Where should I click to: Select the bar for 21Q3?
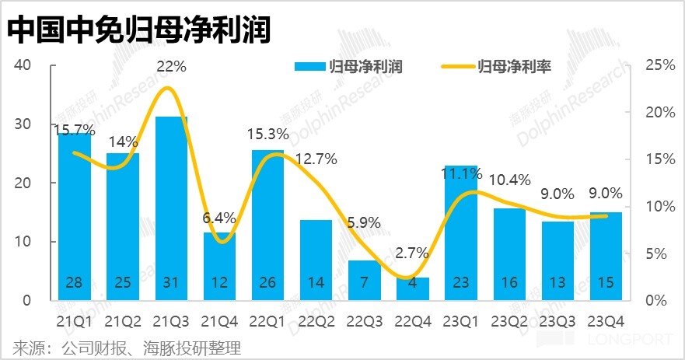(171, 208)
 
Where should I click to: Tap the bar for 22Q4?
(412, 288)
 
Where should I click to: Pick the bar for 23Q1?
(460, 233)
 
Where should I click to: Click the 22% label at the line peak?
(171, 67)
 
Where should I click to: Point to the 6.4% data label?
(220, 218)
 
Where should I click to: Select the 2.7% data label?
(412, 251)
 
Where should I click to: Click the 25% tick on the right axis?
(660, 65)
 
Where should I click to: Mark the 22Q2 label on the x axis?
(316, 320)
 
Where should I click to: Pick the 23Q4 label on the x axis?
(605, 320)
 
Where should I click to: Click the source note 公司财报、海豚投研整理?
(124, 347)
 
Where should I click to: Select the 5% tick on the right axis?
(657, 253)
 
